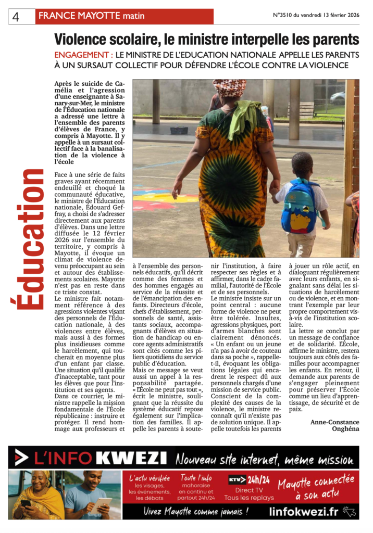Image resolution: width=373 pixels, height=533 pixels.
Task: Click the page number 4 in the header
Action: point(16,17)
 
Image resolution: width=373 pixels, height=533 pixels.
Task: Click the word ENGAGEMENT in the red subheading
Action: point(82,55)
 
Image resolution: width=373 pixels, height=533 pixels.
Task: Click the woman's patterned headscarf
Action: point(230,87)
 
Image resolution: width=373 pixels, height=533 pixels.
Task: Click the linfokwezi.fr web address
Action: point(304,512)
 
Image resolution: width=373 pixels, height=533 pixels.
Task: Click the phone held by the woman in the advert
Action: point(26,503)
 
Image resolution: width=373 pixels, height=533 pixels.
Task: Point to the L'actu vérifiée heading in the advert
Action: point(150,478)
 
